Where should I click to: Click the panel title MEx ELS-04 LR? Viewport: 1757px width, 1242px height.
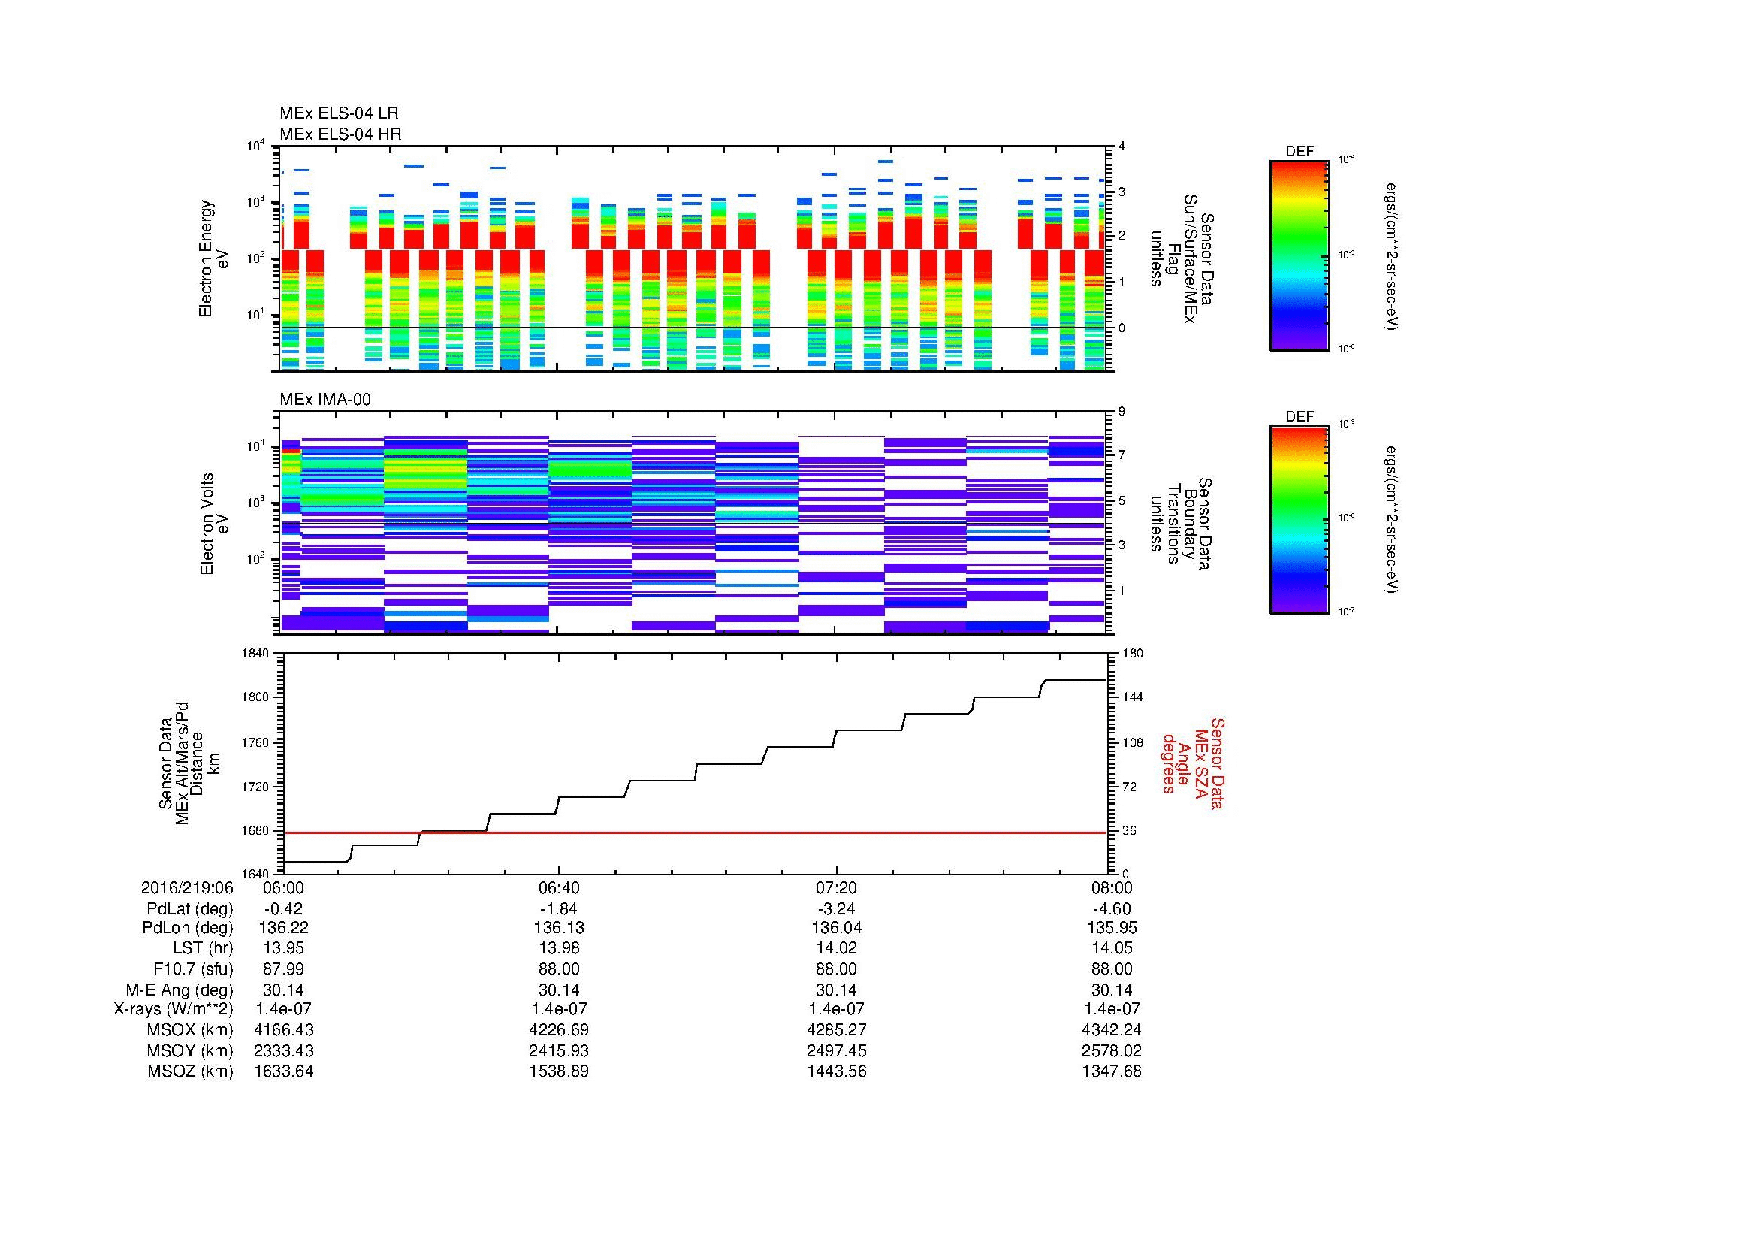(x=339, y=113)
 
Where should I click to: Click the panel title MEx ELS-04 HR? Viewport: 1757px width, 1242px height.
(x=340, y=134)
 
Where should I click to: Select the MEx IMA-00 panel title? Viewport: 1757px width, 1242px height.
(x=325, y=400)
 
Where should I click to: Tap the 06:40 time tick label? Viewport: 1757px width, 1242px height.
(x=560, y=887)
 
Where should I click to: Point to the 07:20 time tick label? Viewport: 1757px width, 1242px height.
(x=836, y=887)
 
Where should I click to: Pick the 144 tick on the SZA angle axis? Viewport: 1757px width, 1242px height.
(x=1132, y=697)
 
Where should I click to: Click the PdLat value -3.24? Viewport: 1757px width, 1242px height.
(x=836, y=908)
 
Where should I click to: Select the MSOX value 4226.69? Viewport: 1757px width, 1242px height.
(x=560, y=1030)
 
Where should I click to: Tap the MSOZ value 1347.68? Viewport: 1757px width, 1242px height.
(x=1111, y=1071)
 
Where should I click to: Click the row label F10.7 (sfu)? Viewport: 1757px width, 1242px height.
(x=193, y=969)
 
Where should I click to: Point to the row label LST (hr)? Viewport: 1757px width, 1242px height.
(x=203, y=948)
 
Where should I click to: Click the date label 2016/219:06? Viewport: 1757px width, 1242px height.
(x=187, y=887)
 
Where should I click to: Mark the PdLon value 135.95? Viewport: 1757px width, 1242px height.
(x=1111, y=928)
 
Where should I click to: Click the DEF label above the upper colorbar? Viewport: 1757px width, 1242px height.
(x=1299, y=152)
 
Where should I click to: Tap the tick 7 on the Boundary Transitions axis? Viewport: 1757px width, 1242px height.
(x=1122, y=455)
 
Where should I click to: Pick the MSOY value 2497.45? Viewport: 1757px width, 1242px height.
(x=836, y=1050)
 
